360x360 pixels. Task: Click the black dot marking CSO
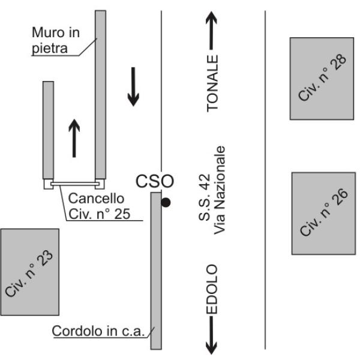click(x=166, y=203)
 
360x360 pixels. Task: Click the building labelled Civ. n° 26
click(x=323, y=213)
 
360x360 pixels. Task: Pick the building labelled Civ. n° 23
click(x=29, y=274)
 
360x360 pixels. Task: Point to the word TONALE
click(x=213, y=83)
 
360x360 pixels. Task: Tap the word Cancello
click(x=96, y=197)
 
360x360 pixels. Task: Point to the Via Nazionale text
click(x=221, y=190)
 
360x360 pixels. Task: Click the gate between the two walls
click(x=75, y=182)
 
